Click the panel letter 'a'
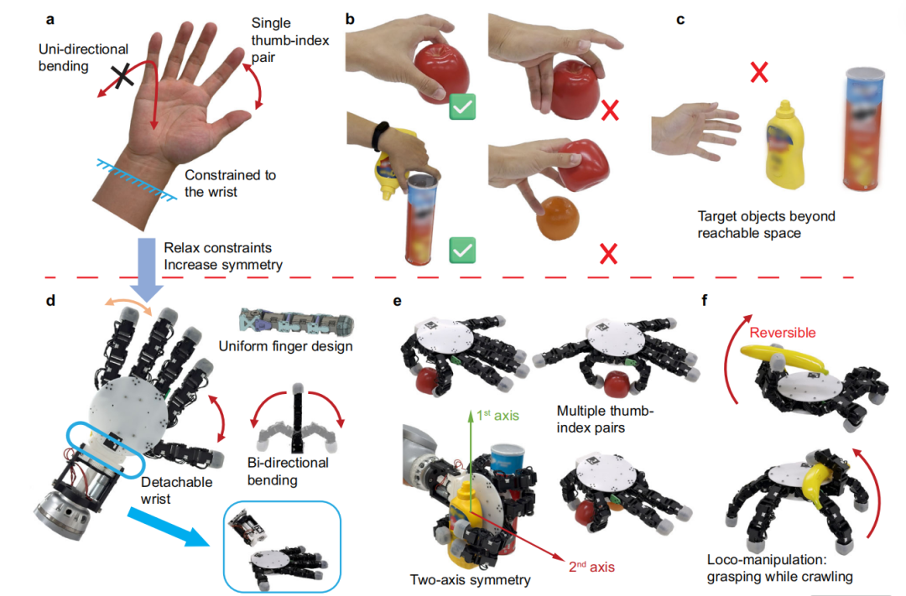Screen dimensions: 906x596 click(x=50, y=20)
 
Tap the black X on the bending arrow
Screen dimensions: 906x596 click(x=122, y=76)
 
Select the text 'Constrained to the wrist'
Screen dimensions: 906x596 click(x=230, y=183)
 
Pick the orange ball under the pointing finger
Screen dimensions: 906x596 click(x=558, y=218)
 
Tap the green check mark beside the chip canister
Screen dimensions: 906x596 click(x=462, y=250)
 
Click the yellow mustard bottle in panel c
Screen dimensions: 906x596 click(x=784, y=145)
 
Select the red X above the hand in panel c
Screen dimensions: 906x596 click(x=758, y=72)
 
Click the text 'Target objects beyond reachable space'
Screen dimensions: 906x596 click(x=766, y=225)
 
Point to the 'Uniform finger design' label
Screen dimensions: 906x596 click(x=285, y=346)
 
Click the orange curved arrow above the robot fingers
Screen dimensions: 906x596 click(x=128, y=307)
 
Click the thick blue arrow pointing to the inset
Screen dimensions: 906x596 click(x=168, y=526)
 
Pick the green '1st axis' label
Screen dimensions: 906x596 click(x=497, y=415)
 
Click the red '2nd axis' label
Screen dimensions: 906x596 click(x=591, y=567)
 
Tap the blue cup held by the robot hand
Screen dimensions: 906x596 click(x=507, y=459)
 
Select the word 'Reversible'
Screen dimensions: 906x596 click(x=783, y=333)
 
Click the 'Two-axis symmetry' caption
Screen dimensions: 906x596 click(x=471, y=580)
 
